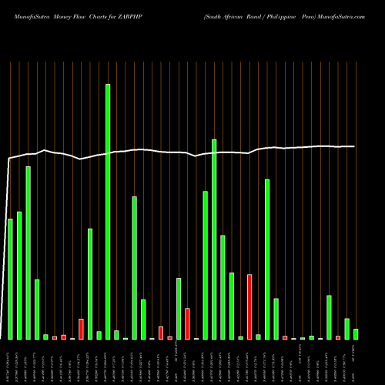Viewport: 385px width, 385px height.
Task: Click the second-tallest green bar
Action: (x=214, y=239)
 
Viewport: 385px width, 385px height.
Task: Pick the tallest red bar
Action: (x=249, y=306)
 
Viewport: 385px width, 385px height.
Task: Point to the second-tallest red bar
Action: (x=187, y=323)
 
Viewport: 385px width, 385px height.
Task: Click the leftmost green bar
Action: (x=10, y=279)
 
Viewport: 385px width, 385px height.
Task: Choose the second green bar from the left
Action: (x=19, y=275)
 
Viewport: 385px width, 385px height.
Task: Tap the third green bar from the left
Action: (x=28, y=253)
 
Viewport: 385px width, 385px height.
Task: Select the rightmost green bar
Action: (x=356, y=334)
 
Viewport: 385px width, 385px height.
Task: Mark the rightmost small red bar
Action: (x=338, y=337)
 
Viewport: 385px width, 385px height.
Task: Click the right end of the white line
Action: (x=354, y=146)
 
